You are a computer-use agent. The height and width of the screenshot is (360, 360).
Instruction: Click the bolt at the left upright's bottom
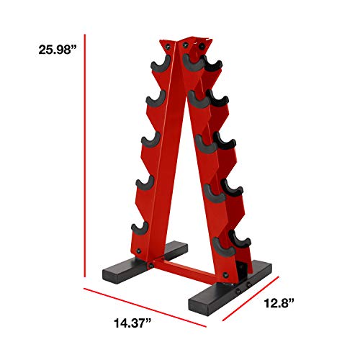pos(150,266)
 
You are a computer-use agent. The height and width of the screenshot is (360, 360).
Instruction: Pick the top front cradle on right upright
pos(192,64)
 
